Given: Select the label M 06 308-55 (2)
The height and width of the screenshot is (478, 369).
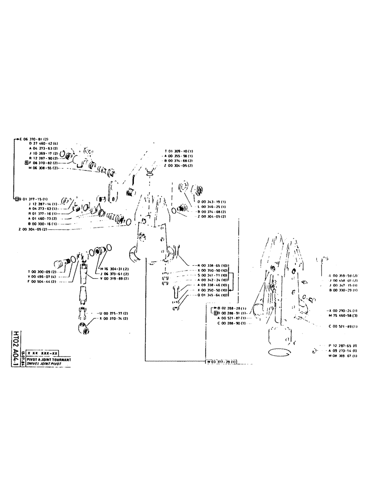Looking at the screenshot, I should pos(43,168).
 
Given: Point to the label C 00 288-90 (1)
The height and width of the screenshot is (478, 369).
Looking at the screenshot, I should pos(231,324).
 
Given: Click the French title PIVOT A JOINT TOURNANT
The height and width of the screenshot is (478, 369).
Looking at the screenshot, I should pos(49,358).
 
